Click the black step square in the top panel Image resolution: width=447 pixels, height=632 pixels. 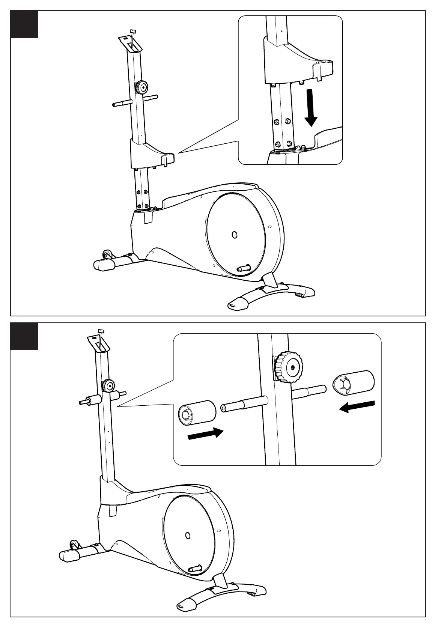tap(24, 24)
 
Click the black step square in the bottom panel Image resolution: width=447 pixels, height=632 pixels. tap(24, 336)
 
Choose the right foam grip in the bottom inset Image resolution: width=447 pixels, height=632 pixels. tap(354, 382)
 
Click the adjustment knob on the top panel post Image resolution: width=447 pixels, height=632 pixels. tap(142, 87)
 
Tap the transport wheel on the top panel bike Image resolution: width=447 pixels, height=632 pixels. tap(107, 254)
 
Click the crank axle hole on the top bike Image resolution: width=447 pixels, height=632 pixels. tap(235, 235)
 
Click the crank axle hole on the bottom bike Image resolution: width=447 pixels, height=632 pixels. tap(188, 535)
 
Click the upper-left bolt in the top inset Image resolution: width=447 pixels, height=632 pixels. tap(277, 122)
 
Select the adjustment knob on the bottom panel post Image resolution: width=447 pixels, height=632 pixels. tap(109, 385)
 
